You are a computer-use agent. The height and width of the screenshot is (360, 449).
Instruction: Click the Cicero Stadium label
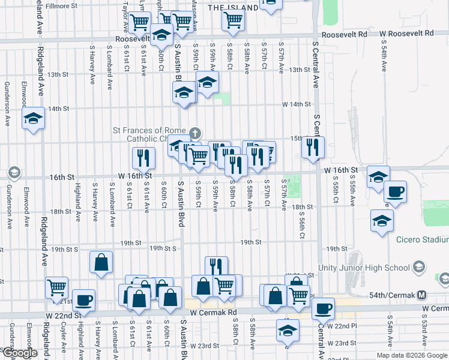coord(422,241)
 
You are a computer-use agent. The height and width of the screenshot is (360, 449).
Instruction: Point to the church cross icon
coord(194,133)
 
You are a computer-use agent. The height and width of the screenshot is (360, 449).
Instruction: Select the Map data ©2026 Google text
coord(411,355)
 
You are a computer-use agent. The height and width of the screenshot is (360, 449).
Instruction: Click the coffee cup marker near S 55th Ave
coord(395,192)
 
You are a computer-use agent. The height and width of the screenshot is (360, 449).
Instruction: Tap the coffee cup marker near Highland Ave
coord(83,299)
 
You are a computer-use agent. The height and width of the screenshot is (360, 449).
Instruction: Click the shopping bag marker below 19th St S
coord(101,262)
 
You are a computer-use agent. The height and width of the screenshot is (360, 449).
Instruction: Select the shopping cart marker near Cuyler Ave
coord(56,287)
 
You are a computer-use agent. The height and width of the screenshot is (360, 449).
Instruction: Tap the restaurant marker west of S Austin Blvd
coord(143,158)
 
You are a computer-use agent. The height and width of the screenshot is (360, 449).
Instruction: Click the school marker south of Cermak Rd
coord(288,331)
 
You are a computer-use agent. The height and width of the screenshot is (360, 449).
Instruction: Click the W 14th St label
coord(297,104)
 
